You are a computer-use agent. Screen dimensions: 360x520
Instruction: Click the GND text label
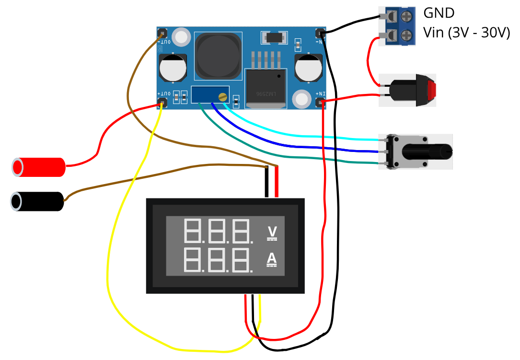[x=439, y=13]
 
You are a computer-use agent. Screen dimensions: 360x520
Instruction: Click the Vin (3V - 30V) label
[x=466, y=33]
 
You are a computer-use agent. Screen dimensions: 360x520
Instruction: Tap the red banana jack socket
[x=38, y=167]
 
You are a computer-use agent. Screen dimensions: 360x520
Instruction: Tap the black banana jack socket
[x=37, y=201]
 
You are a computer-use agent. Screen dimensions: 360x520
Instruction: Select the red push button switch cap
[x=432, y=90]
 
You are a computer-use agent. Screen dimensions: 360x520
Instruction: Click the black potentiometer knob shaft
[x=427, y=151]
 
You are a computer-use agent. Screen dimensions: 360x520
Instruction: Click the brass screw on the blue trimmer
[x=222, y=97]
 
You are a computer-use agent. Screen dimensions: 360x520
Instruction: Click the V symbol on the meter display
[x=272, y=232]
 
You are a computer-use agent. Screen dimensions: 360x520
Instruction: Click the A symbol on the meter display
[x=272, y=259]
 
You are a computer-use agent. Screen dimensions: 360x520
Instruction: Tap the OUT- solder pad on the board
[x=162, y=34]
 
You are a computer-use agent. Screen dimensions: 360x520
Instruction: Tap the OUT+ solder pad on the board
[x=162, y=102]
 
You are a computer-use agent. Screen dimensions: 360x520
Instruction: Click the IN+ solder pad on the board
[x=321, y=102]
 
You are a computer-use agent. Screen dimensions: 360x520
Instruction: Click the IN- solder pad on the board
[x=321, y=33]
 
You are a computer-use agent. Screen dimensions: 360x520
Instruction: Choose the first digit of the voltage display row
[x=192, y=231]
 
